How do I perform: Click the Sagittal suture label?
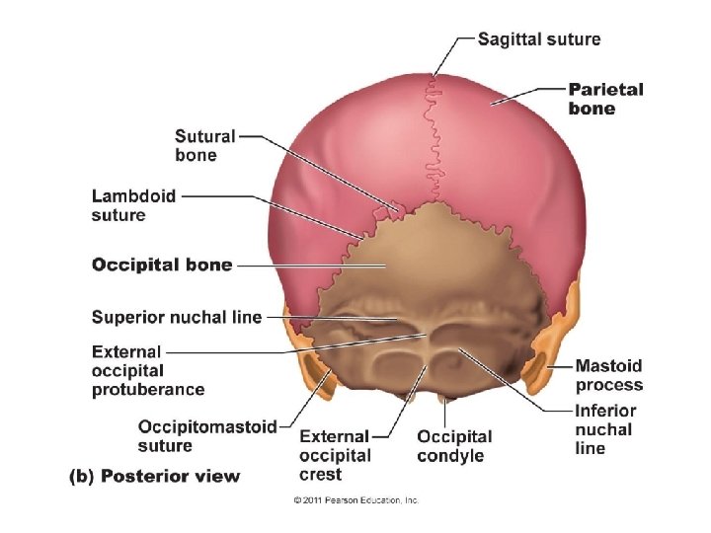pos(538,39)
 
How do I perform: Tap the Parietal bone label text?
pos(605,99)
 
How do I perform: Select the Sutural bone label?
pos(204,145)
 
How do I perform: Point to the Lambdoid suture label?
pos(133,205)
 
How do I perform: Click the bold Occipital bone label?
pos(162,265)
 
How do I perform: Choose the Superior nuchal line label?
pos(177,317)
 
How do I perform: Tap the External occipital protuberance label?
pos(148,370)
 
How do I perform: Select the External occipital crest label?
pos(335,455)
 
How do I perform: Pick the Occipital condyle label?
pos(454,445)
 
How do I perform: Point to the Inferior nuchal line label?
pos(605,429)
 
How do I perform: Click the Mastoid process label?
pos(608,375)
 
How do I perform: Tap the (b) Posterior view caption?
pos(154,477)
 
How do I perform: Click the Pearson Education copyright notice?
pos(355,500)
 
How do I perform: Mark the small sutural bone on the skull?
pos(394,209)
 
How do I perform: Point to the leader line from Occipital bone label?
pos(296,266)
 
